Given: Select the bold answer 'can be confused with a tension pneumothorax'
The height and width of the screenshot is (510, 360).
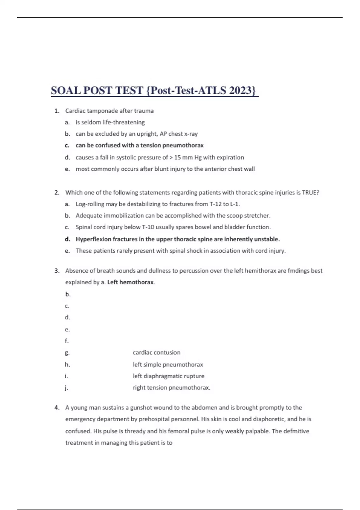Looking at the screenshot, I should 139,145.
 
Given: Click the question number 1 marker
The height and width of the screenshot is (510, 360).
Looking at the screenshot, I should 57,111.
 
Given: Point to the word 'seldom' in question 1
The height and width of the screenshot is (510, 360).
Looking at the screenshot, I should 91,122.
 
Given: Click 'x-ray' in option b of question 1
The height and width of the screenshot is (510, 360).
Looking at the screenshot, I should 191,134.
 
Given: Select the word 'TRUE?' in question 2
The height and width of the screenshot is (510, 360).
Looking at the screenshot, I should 310,193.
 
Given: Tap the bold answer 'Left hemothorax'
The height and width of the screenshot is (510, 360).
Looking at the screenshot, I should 130,282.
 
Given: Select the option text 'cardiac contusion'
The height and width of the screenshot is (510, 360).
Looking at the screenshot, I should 157,352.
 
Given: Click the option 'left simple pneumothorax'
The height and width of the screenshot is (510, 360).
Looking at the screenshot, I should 168,364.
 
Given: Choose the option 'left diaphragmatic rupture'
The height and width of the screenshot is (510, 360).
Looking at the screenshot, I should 168,376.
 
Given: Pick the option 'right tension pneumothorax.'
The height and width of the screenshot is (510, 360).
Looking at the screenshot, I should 171,388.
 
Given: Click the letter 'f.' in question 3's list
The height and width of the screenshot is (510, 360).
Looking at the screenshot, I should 67,341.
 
